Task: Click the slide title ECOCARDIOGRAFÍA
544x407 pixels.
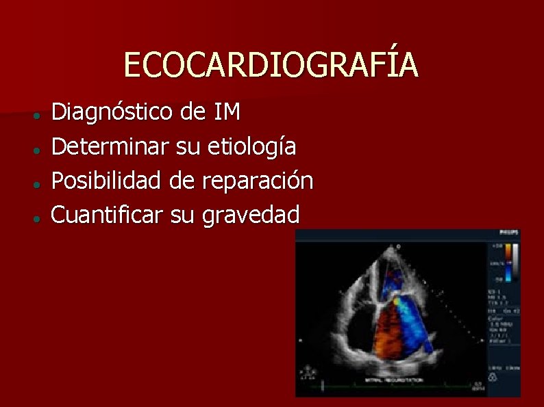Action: pyautogui.click(x=271, y=66)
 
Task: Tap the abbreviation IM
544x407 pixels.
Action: pyautogui.click(x=227, y=111)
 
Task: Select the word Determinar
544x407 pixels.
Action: pyautogui.click(x=110, y=146)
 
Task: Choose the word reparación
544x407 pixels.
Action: pyautogui.click(x=258, y=181)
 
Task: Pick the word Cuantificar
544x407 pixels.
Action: pyautogui.click(x=107, y=215)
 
